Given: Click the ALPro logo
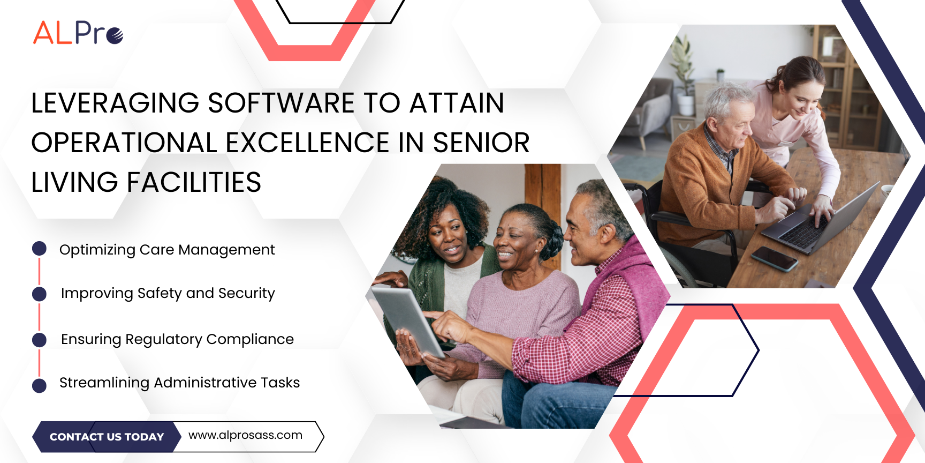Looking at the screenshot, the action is pyautogui.click(x=78, y=33).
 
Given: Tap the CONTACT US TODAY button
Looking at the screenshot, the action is pyautogui.click(x=107, y=437).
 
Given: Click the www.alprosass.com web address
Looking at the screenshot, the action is pyautogui.click(x=245, y=435).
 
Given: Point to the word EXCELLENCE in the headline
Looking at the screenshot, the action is pyautogui.click(x=307, y=143).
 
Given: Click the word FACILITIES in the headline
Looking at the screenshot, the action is pyautogui.click(x=194, y=182).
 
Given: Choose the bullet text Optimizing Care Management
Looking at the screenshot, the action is pyautogui.click(x=167, y=250).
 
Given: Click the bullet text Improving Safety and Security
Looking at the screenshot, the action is pyautogui.click(x=168, y=294).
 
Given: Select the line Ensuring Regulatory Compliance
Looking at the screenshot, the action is pyautogui.click(x=177, y=340).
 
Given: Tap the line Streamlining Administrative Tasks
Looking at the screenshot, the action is pyautogui.click(x=179, y=383).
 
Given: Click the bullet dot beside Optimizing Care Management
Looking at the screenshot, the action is pyautogui.click(x=39, y=248).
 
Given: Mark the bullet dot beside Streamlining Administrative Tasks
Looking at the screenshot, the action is pyautogui.click(x=39, y=386).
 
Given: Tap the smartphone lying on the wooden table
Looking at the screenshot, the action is pyautogui.click(x=775, y=258).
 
